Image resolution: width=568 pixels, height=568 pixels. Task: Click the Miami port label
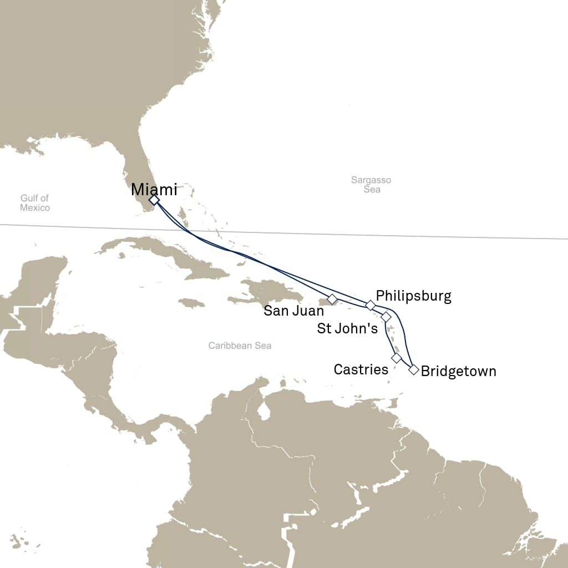click(x=154, y=190)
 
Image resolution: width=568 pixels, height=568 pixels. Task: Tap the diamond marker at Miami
click(x=154, y=200)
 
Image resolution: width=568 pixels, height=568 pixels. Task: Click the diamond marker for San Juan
click(x=332, y=299)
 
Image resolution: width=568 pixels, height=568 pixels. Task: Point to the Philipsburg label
click(x=413, y=296)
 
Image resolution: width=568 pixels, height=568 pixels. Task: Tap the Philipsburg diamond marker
click(x=371, y=305)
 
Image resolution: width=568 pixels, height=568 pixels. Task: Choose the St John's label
click(x=347, y=328)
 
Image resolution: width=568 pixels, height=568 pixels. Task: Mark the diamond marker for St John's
click(x=386, y=317)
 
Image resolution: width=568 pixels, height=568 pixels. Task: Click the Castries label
click(x=361, y=369)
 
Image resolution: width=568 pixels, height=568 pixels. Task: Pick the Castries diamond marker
click(x=396, y=358)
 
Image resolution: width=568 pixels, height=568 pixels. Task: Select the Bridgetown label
click(x=458, y=371)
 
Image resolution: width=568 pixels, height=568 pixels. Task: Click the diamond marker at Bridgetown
click(x=413, y=370)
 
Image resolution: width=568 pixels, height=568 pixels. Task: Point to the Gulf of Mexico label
click(x=35, y=203)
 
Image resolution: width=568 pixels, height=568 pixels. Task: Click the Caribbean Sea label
click(x=240, y=346)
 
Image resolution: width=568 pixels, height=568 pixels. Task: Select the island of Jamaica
click(x=192, y=303)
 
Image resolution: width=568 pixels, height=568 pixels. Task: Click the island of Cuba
click(x=166, y=255)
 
